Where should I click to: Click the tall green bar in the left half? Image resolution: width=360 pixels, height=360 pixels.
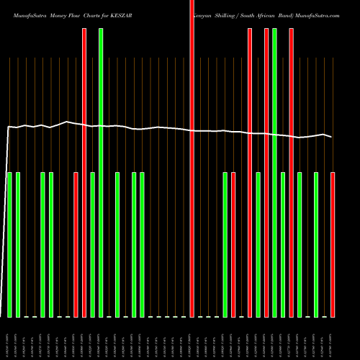pos(101,173)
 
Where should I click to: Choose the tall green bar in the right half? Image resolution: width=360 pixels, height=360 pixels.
pos(274,173)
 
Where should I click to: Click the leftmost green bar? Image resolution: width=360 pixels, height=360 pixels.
pos(9,245)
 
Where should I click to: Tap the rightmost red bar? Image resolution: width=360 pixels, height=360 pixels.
pos(333,245)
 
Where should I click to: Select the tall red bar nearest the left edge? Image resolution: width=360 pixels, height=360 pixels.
pos(84,173)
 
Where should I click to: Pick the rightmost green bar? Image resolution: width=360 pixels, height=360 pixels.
pos(316,245)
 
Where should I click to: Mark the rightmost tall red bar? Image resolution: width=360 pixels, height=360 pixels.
pos(291,173)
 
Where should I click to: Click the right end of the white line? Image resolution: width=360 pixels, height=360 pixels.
pos(331,137)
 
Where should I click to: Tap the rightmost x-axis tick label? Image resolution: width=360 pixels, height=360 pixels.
pos(333,338)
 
